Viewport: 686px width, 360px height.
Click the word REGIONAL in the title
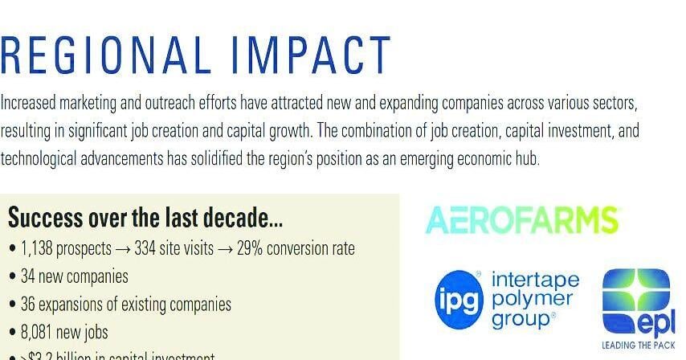[x=104, y=55]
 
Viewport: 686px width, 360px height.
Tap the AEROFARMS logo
[x=522, y=219]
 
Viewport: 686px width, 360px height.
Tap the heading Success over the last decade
[x=145, y=218]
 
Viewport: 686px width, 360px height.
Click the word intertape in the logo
[x=545, y=281]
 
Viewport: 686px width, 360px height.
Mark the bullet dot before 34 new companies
[x=12, y=277]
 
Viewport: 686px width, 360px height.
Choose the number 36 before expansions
[x=29, y=305]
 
